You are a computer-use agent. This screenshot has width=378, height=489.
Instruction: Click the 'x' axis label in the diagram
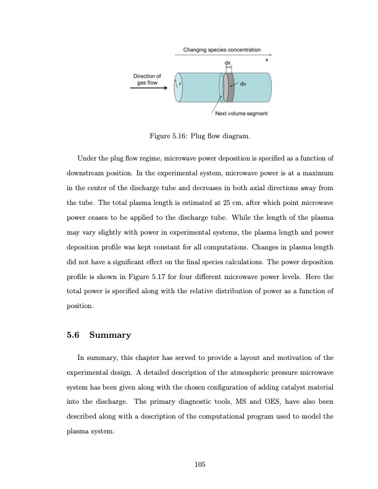click(267, 60)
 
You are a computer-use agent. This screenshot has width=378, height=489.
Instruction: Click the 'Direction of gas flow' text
click(148, 78)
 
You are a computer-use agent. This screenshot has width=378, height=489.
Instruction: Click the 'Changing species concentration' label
click(222, 49)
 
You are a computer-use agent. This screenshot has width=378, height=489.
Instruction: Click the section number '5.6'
click(74, 335)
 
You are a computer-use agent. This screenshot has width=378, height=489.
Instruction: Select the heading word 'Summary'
click(110, 335)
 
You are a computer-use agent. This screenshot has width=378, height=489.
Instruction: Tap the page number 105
click(198, 464)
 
